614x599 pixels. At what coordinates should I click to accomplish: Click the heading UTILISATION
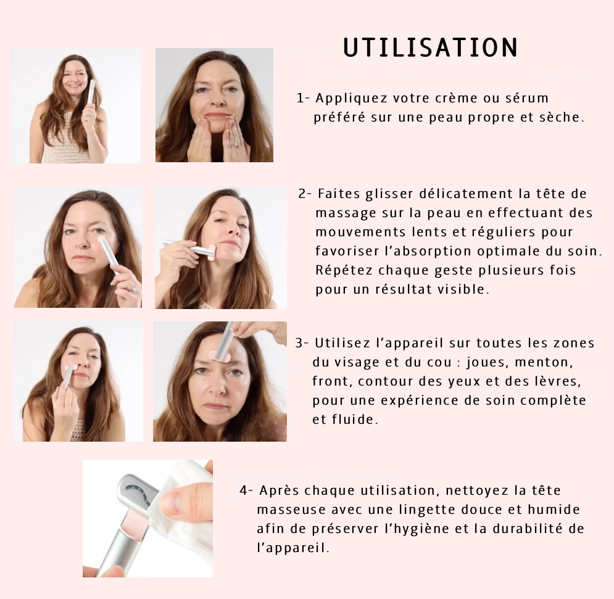click(430, 48)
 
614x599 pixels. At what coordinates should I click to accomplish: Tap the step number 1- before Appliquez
click(304, 98)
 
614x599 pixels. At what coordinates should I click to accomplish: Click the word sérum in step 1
click(526, 98)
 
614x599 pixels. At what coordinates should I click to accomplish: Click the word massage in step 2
click(346, 213)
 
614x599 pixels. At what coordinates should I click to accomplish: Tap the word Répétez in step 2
click(343, 270)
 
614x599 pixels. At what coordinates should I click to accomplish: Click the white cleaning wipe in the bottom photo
click(185, 512)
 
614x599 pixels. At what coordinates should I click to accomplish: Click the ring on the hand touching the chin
click(234, 145)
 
